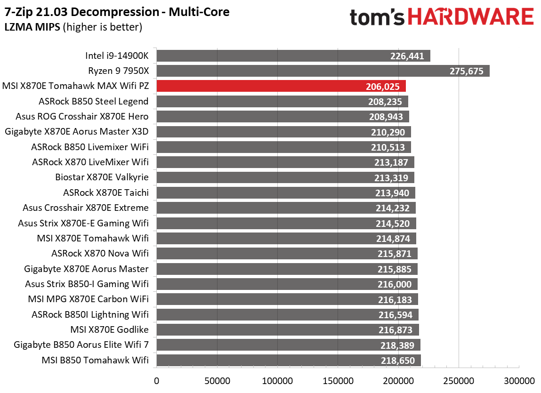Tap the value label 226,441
coord(407,56)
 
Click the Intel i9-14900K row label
coord(117,56)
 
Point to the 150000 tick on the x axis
coord(338,380)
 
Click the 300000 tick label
coord(519,380)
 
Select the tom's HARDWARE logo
coord(441,17)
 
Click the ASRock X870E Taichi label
coord(106,192)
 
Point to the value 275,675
coord(466,72)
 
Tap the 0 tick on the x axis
coord(156,380)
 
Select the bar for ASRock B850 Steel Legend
coord(282,102)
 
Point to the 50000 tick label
coord(217,380)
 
